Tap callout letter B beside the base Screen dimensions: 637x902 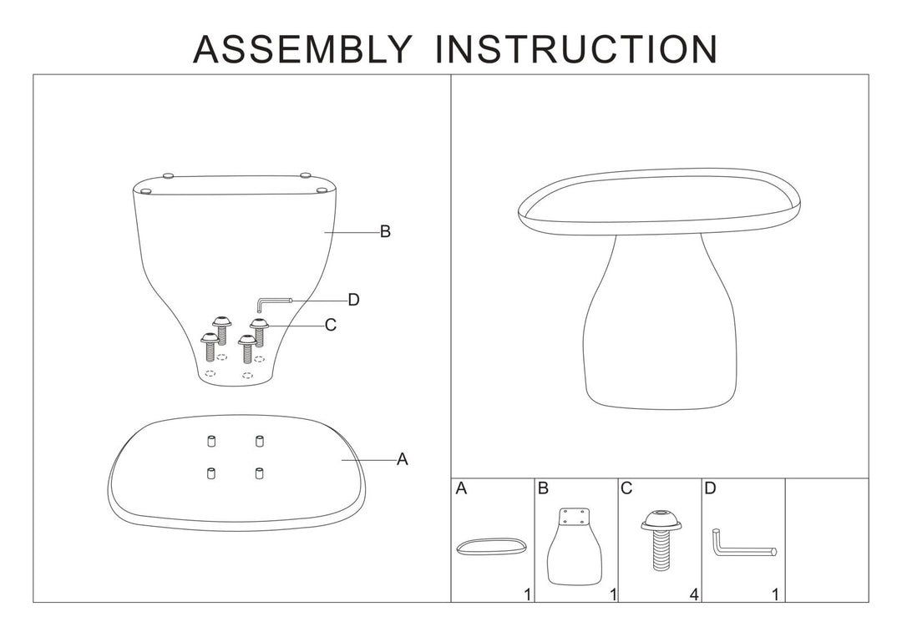coord(385,232)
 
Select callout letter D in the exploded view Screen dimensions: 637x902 coord(353,301)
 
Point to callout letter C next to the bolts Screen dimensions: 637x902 coord(331,326)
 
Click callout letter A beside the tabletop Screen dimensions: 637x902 coord(402,459)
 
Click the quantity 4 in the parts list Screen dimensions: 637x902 coord(695,594)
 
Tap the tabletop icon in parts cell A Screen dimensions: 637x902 coord(492,547)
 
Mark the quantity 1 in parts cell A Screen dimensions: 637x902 coord(527,594)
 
